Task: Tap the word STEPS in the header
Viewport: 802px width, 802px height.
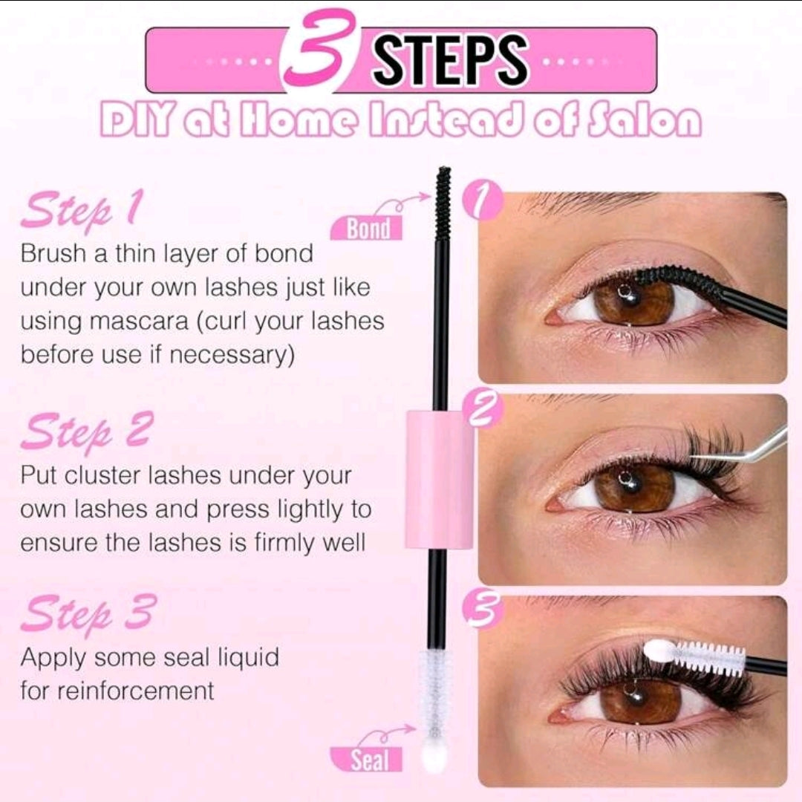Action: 449,60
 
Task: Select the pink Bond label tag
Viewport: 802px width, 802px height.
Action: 367,228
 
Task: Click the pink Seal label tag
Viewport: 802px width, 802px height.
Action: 367,760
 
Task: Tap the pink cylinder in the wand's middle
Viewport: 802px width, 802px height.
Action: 440,479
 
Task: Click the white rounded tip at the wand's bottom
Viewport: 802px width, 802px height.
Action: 434,754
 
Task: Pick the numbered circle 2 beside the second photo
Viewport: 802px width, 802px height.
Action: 482,409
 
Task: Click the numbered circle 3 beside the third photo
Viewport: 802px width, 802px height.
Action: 482,609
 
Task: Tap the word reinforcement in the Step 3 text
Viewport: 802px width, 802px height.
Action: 135,691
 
